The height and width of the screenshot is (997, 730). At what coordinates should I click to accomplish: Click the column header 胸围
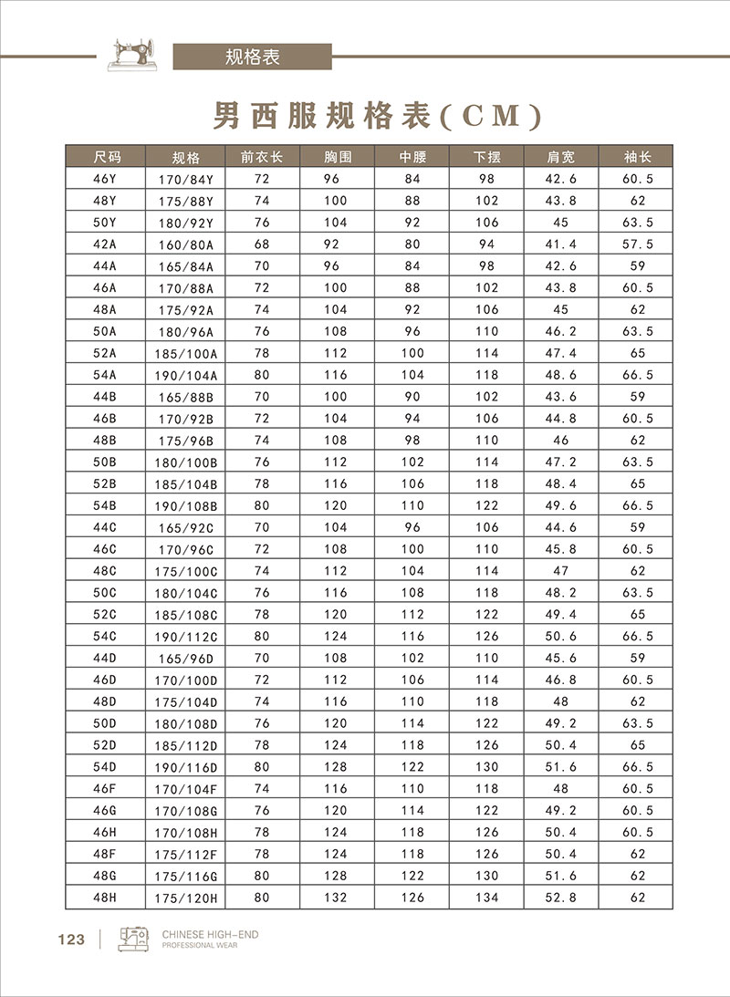(x=337, y=156)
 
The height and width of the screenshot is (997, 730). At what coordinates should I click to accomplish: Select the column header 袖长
(x=636, y=156)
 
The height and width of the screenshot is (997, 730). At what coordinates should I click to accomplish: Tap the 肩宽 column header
(x=561, y=156)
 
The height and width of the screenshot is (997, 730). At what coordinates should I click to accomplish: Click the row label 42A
(x=106, y=244)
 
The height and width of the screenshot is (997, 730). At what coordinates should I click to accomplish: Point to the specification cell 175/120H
(x=188, y=898)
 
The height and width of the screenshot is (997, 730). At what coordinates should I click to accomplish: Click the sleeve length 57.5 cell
(x=637, y=244)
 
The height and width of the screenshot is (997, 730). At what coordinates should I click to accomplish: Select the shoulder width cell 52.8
(x=561, y=898)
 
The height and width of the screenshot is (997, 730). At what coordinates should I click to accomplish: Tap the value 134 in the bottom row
(x=486, y=898)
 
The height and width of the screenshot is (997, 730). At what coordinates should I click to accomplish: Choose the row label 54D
(x=106, y=767)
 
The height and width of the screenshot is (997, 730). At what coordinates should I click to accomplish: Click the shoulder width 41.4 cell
(x=561, y=244)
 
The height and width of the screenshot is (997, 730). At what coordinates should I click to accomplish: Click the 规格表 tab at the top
(x=252, y=57)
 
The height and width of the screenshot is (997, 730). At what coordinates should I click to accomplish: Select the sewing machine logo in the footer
(x=134, y=939)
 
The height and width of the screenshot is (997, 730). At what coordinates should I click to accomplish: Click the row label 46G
(x=106, y=811)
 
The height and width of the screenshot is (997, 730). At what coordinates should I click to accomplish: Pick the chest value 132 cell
(x=337, y=898)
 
